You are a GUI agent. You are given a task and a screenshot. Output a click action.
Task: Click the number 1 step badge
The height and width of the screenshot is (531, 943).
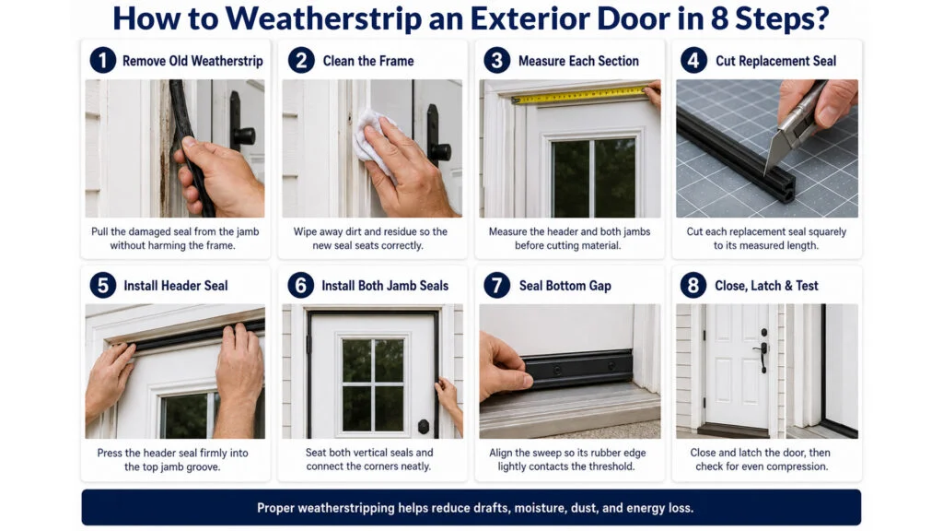(103, 61)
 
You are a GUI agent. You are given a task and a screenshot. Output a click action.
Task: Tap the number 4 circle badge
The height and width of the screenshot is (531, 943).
(693, 61)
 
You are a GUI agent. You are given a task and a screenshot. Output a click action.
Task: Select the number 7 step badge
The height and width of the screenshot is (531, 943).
(496, 286)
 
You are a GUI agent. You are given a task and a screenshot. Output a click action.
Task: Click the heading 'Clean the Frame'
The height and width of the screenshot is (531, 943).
(368, 61)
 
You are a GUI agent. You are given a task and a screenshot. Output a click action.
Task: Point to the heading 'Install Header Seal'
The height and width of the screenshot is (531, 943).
(176, 286)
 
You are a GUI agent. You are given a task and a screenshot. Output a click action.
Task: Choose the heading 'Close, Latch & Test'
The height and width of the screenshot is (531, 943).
(766, 286)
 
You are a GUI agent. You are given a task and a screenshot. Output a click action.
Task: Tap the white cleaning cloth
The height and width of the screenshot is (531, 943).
(375, 140)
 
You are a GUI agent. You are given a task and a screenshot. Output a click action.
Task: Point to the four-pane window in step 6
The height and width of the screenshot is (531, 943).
(373, 384)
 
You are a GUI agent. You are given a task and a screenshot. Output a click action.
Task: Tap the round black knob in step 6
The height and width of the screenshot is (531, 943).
(424, 426)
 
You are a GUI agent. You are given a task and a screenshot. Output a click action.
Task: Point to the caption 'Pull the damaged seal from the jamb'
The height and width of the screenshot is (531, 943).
(175, 231)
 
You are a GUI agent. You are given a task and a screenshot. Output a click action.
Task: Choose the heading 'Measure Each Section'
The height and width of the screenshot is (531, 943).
(578, 61)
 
